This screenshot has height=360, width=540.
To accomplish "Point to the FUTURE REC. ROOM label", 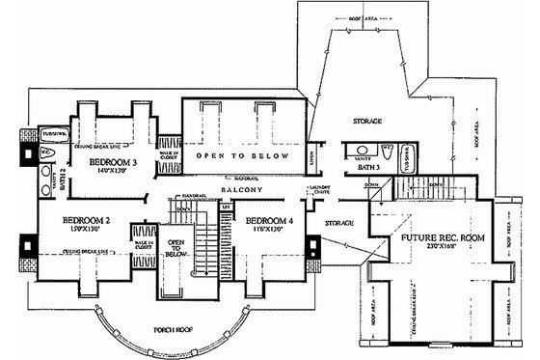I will pos(444,236).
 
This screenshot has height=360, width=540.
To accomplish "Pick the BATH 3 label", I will pos(370,168).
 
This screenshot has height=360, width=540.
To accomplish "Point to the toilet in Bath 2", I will pos(46,155).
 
